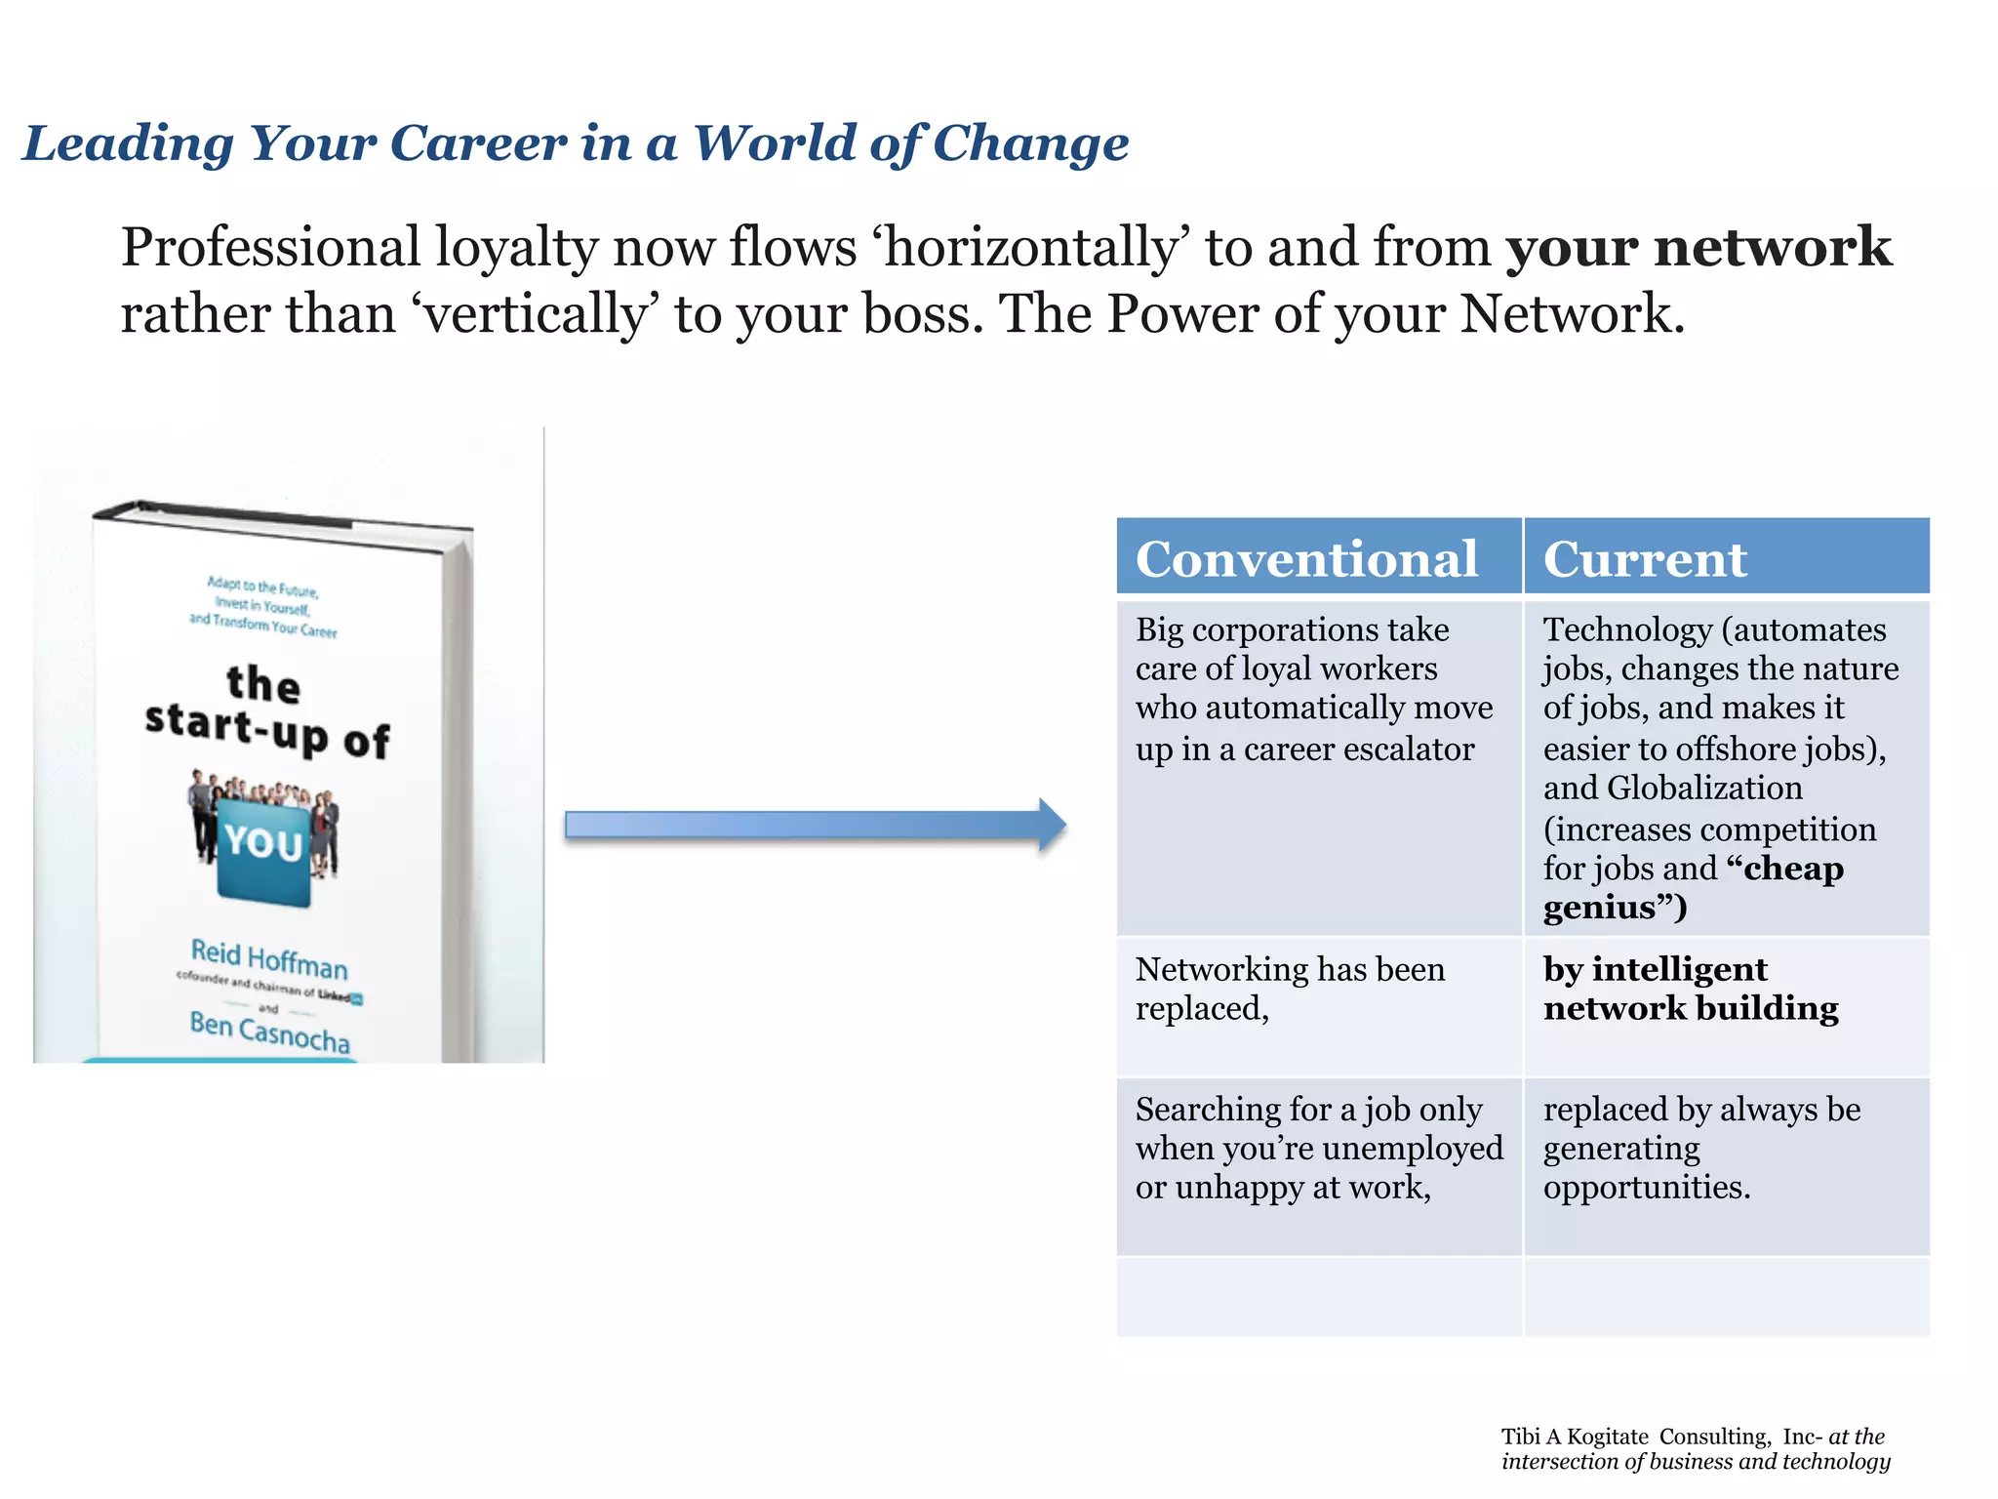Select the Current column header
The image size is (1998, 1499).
[x=1645, y=559]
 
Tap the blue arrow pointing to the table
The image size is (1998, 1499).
[x=815, y=826]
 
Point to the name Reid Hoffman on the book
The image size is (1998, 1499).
[x=269, y=958]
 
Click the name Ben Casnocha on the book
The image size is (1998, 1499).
[x=269, y=1031]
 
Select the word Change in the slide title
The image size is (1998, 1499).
[x=1030, y=143]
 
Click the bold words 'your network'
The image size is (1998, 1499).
[x=1698, y=246]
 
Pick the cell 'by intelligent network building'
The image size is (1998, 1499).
[x=1690, y=989]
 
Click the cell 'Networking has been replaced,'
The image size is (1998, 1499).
[x=1290, y=989]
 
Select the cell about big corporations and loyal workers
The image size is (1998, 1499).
[x=1313, y=689]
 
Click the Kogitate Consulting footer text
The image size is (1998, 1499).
[x=1695, y=1448]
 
